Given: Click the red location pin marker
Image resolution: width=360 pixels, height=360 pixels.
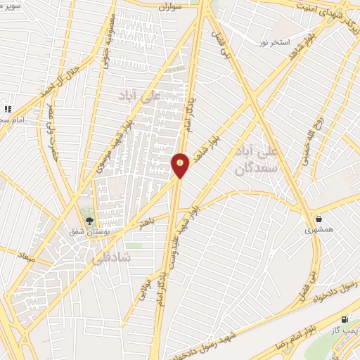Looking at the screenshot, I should [181, 165].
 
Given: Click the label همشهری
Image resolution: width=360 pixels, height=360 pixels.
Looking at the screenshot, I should [318, 230].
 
